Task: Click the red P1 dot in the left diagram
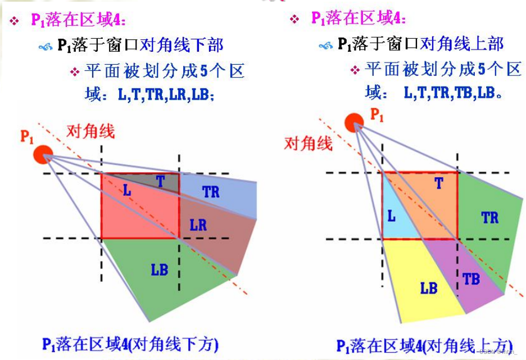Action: (43, 153)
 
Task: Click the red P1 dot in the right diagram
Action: (353, 121)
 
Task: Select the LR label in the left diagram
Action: (198, 225)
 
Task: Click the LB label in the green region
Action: (159, 269)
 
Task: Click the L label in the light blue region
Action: (391, 215)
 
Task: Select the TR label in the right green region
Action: (489, 217)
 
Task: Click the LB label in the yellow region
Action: (428, 288)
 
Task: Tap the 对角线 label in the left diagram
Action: (90, 132)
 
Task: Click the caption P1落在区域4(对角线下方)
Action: (130, 344)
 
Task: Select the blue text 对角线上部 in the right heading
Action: (462, 43)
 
